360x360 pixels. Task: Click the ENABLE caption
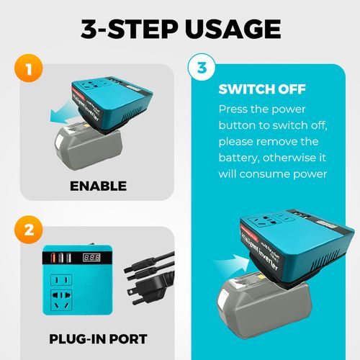pyautogui.click(x=98, y=186)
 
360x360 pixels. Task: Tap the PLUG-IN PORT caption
pyautogui.click(x=98, y=339)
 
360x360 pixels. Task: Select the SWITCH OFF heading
pyautogui.click(x=262, y=91)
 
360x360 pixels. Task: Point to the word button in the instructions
pyautogui.click(x=240, y=125)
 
